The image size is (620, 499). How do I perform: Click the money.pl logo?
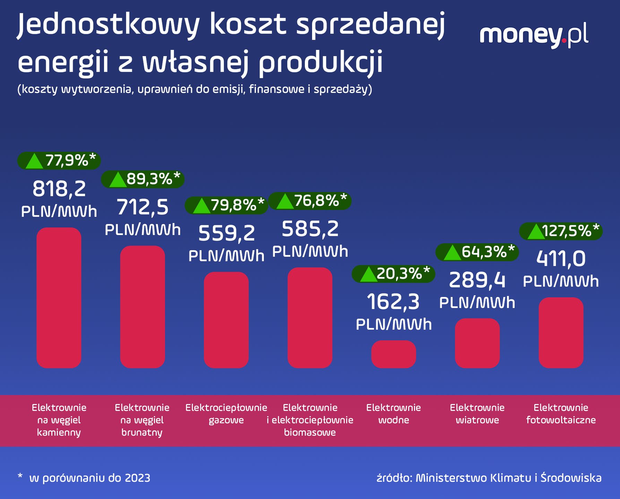tap(534, 36)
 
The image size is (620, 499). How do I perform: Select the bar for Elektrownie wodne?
tap(394, 354)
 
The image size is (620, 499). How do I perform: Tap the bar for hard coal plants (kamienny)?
tap(59, 298)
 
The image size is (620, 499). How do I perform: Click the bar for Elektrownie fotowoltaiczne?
tap(561, 333)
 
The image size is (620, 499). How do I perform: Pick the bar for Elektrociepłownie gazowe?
tap(226, 320)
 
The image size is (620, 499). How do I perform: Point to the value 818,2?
tap(59, 190)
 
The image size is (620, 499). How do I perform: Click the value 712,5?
tap(143, 208)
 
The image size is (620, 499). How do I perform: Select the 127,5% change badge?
tap(561, 231)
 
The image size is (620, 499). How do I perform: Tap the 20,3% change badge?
tap(393, 274)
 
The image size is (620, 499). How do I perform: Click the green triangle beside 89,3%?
tap(118, 180)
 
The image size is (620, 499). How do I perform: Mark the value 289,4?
tap(477, 281)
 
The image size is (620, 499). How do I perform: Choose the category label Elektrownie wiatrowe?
tap(477, 414)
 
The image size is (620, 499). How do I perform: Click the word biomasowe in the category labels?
tap(310, 432)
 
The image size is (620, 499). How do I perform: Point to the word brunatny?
tap(142, 432)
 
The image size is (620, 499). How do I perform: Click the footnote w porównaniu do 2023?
tap(89, 478)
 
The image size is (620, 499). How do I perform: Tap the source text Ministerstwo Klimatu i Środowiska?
tap(508, 478)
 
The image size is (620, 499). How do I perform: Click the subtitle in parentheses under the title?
tap(195, 89)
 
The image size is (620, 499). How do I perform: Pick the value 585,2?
tap(310, 229)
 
